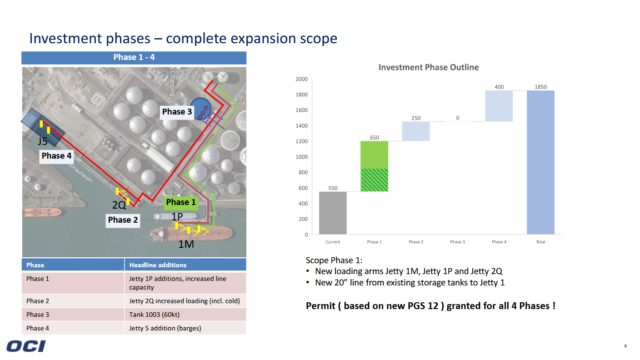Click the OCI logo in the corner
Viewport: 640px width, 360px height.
click(x=28, y=345)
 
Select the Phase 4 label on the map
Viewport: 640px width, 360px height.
click(x=56, y=156)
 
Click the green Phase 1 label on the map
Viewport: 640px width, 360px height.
click(x=182, y=201)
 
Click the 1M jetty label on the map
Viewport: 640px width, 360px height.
click(x=185, y=243)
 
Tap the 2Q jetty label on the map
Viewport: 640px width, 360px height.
click(x=118, y=204)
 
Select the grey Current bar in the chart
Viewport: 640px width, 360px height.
click(x=332, y=213)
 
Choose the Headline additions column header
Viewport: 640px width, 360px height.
click(x=156, y=264)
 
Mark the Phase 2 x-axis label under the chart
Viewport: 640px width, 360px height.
click(x=415, y=241)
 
